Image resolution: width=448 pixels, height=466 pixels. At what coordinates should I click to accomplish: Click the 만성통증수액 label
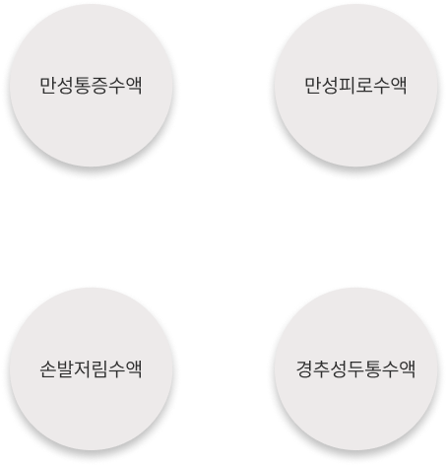point(91,86)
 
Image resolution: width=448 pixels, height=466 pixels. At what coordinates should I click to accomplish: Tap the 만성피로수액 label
point(355,86)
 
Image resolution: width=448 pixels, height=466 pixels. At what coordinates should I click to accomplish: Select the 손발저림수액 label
point(91,369)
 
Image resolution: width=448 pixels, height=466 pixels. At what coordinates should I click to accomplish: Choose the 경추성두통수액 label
point(355,369)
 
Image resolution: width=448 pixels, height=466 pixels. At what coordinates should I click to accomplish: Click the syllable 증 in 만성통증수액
point(99,86)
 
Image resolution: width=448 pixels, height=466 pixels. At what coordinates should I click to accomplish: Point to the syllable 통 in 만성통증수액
point(83,86)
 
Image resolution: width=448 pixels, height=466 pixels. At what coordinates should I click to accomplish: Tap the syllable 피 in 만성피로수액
point(348,86)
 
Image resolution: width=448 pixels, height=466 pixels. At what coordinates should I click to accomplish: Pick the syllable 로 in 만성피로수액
point(364,86)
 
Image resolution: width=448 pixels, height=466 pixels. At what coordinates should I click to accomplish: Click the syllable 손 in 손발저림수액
point(48,369)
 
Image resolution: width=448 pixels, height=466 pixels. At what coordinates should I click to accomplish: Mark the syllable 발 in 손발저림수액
point(65,369)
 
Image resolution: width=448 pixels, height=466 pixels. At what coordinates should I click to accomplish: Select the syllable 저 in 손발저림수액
point(83,369)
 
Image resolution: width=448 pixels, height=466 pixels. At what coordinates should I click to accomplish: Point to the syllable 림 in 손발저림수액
point(99,369)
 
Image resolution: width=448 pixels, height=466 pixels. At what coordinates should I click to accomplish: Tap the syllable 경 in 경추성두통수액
point(304,369)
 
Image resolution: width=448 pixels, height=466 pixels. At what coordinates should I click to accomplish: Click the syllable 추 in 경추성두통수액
point(322,369)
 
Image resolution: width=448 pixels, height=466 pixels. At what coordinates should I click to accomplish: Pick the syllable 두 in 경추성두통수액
point(355,369)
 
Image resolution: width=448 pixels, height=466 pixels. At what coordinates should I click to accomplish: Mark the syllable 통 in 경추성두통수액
point(373,369)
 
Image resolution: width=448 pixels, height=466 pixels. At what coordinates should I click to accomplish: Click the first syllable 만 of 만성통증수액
point(48,86)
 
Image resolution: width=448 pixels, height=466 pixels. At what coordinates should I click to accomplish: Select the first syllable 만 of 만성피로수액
point(313,86)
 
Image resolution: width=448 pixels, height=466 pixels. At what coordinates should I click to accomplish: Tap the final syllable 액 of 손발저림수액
point(134,369)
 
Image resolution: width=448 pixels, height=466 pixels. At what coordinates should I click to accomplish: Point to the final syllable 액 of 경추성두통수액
point(408,369)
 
